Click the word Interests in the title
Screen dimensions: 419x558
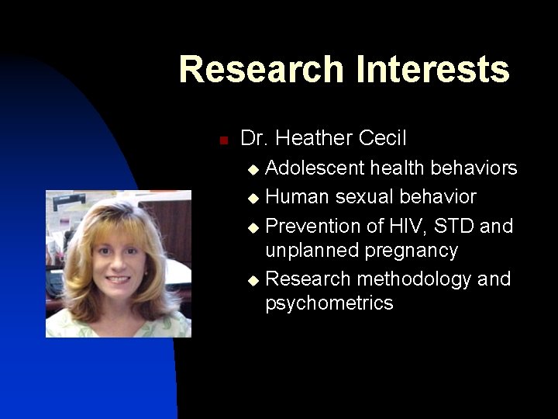click(432, 69)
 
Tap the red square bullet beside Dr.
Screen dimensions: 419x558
click(222, 140)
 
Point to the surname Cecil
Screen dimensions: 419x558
click(382, 138)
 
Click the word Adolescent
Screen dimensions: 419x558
click(315, 168)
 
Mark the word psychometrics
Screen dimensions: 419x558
click(329, 303)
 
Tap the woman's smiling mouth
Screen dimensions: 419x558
click(118, 279)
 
